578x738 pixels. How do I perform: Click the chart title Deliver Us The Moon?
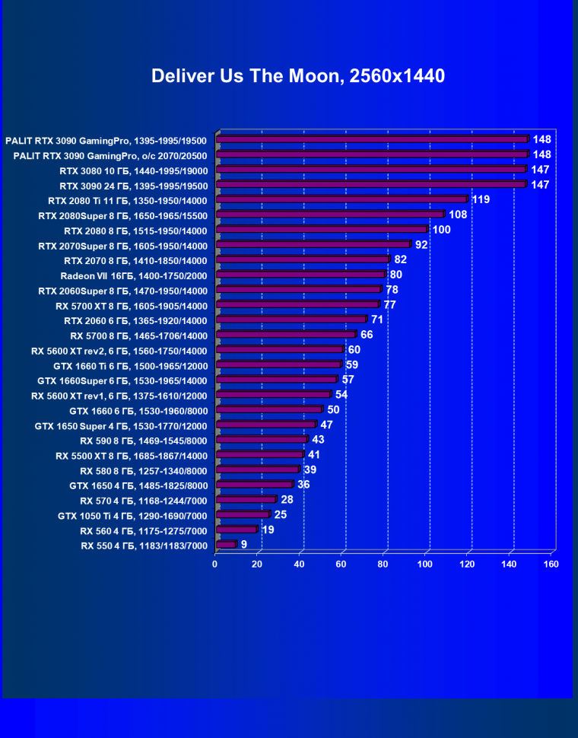tap(298, 76)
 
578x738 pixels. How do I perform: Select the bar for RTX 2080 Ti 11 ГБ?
tap(342, 200)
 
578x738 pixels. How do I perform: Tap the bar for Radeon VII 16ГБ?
tap(301, 275)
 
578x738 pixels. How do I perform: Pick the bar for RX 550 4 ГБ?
tap(227, 545)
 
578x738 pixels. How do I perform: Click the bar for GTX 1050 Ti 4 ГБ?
tap(243, 515)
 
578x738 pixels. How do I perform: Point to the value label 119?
tap(481, 199)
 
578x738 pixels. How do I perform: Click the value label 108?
tap(458, 215)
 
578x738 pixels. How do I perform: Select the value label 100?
tap(441, 230)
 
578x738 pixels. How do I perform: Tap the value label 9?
tap(244, 545)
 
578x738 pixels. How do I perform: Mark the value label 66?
tap(367, 335)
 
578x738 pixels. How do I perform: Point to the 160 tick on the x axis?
tap(551, 564)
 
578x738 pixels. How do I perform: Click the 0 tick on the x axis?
tap(215, 564)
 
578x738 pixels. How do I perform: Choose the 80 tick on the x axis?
tap(383, 564)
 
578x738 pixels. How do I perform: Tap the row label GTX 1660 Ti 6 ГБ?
tap(130, 365)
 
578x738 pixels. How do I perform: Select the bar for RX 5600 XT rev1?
tap(274, 395)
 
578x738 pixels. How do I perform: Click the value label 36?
tap(303, 485)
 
